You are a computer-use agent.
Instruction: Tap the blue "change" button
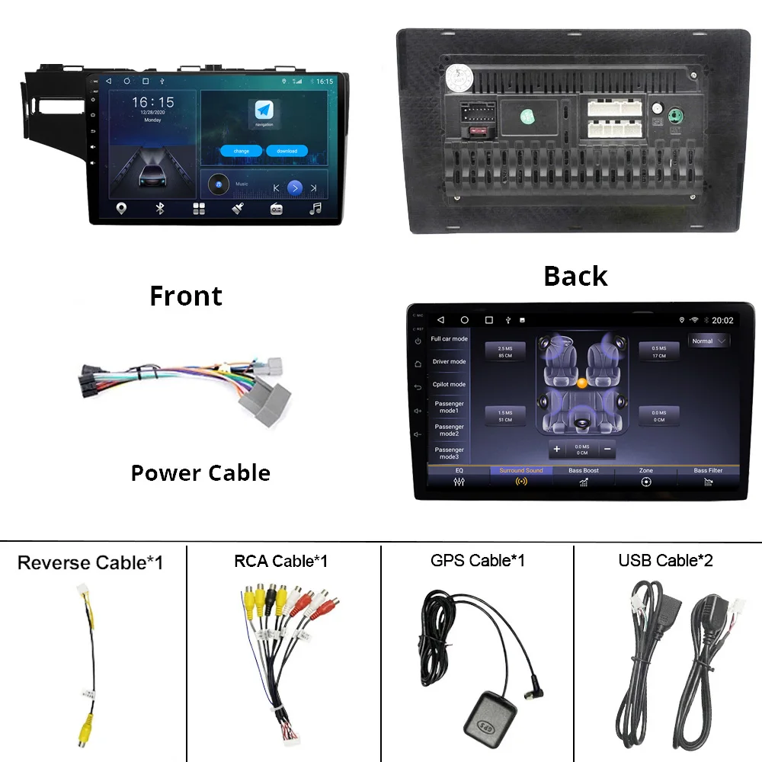point(241,151)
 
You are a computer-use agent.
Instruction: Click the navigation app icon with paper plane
point(264,111)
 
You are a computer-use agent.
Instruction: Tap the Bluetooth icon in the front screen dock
point(159,209)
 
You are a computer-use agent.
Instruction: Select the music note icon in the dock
point(315,209)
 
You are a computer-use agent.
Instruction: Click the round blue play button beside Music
point(295,187)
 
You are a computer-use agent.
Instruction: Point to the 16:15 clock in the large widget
point(152,102)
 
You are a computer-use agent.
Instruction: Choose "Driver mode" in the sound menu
point(449,362)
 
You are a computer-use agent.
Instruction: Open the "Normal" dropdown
point(709,341)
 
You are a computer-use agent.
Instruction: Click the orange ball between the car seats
point(582,383)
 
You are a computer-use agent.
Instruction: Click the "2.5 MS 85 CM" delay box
point(505,351)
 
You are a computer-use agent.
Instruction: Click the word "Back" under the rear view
point(575,276)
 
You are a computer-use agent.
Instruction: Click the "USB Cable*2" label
point(665,561)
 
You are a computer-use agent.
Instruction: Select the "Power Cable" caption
point(200,473)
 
